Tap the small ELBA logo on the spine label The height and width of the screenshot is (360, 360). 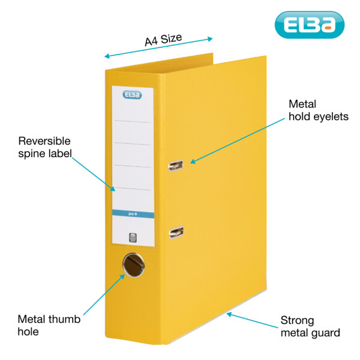coord(132,94)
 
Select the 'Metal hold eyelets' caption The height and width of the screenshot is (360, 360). coord(318,110)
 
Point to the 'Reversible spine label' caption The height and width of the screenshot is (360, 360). coord(45,148)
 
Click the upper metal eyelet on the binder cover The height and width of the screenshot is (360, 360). coord(176,165)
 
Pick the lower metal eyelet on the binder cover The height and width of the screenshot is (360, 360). coord(176,230)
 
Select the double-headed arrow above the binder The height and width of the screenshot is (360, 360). coord(158,47)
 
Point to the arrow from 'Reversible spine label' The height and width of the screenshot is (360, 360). coord(93,172)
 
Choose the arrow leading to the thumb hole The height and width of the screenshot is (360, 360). coord(102,294)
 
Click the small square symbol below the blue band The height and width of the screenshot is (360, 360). coord(133,236)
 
